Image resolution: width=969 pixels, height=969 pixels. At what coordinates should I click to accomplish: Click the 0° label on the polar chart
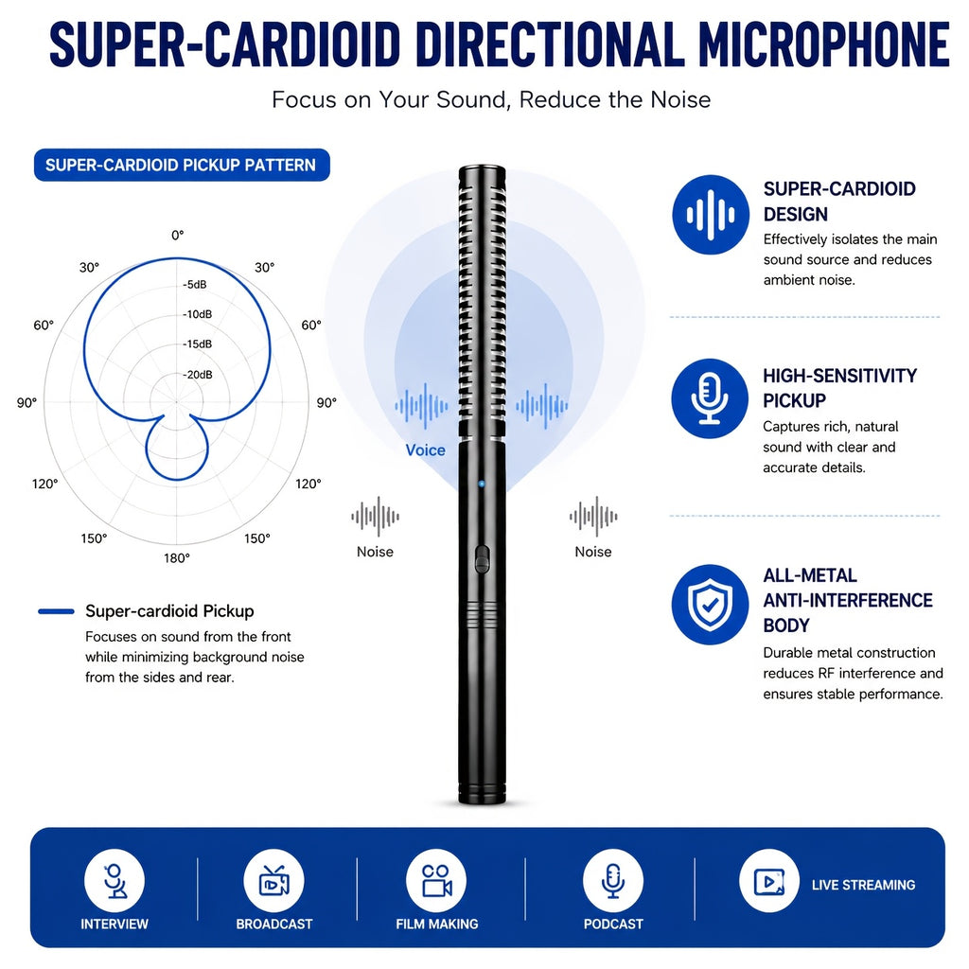coord(177,236)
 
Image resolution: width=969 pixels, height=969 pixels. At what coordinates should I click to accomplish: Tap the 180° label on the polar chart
coord(177,558)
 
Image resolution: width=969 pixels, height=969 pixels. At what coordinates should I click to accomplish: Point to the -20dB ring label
coord(198,375)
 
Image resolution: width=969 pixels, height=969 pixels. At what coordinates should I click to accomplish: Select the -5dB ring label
coord(195,284)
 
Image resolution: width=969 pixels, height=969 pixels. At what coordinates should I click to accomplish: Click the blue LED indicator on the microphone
coord(482,484)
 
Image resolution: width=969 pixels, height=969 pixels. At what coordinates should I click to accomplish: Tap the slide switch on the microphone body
coord(482,559)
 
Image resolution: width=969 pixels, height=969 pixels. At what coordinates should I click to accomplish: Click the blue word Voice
coord(425,449)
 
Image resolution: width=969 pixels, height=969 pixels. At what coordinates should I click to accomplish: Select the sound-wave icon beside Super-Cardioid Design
coord(711,215)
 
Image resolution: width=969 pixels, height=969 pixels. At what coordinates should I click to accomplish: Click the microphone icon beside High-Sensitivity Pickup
coord(710,398)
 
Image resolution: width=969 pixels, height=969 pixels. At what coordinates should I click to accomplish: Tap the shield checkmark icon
coord(710,605)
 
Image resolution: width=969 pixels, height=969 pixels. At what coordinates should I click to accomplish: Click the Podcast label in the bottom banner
coord(613,924)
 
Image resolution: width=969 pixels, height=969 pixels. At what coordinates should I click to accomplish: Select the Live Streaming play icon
coord(769,881)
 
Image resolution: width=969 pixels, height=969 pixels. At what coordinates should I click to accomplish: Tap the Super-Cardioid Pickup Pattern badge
coord(182,165)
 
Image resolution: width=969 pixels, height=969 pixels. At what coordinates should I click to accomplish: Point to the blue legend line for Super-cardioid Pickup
coord(56,611)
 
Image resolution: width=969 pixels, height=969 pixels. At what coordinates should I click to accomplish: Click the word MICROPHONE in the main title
coord(824,44)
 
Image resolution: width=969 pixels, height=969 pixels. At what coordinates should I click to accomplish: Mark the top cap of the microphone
coord(482,168)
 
